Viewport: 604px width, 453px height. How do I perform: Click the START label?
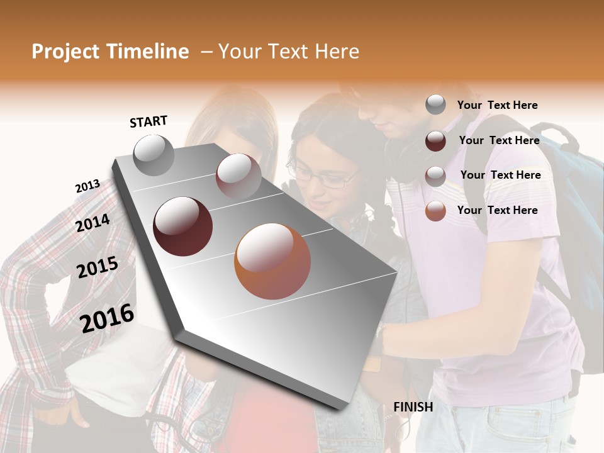[x=148, y=121]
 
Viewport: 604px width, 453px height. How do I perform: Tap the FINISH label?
[x=413, y=407]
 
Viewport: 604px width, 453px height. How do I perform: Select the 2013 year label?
[x=87, y=186]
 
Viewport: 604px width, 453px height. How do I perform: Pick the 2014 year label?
[x=92, y=223]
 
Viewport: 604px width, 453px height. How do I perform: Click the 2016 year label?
[x=107, y=318]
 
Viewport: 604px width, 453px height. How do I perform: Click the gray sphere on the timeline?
[x=154, y=155]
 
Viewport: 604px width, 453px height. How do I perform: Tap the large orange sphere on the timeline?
[x=272, y=261]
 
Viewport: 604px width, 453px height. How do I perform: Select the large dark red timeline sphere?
[x=183, y=226]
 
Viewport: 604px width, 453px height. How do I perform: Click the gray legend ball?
[x=435, y=105]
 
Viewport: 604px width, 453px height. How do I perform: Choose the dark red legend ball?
[x=435, y=141]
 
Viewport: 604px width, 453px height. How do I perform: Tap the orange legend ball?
[x=435, y=211]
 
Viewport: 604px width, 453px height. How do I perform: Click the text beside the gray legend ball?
[x=497, y=105]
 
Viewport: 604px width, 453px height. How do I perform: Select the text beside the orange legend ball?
[x=497, y=210]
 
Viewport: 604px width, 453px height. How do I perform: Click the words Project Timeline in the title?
[x=110, y=52]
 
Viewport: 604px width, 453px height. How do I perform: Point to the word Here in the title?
[x=336, y=52]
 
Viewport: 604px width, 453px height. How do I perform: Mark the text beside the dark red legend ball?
[x=499, y=140]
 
